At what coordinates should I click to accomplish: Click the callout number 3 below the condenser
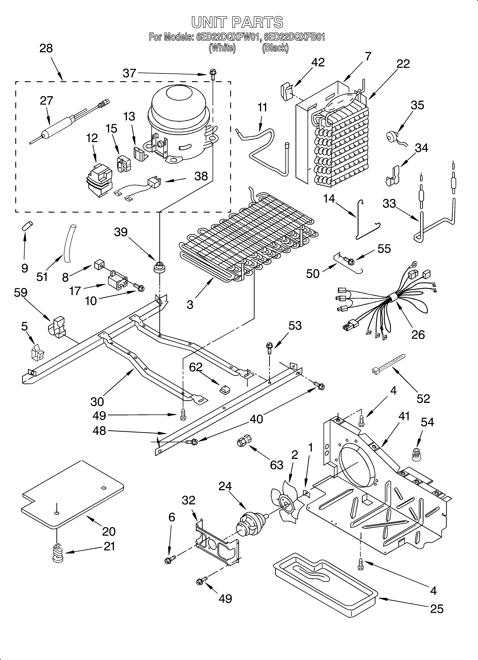tap(190, 305)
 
